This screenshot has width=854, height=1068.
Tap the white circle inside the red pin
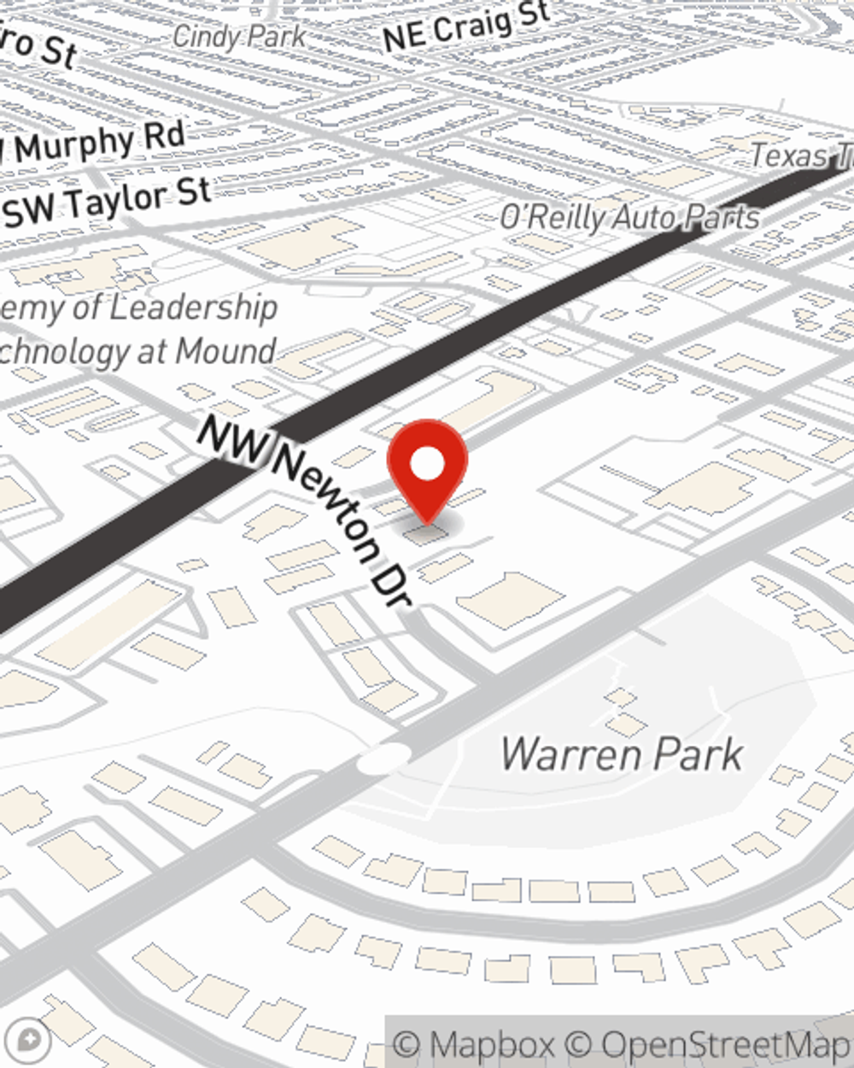click(427, 465)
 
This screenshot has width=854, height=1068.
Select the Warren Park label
click(621, 754)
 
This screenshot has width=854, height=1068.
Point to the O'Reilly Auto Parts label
click(629, 217)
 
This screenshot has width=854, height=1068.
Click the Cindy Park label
click(238, 36)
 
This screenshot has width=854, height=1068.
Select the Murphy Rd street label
click(98, 143)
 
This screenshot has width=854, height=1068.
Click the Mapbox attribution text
click(474, 1044)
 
